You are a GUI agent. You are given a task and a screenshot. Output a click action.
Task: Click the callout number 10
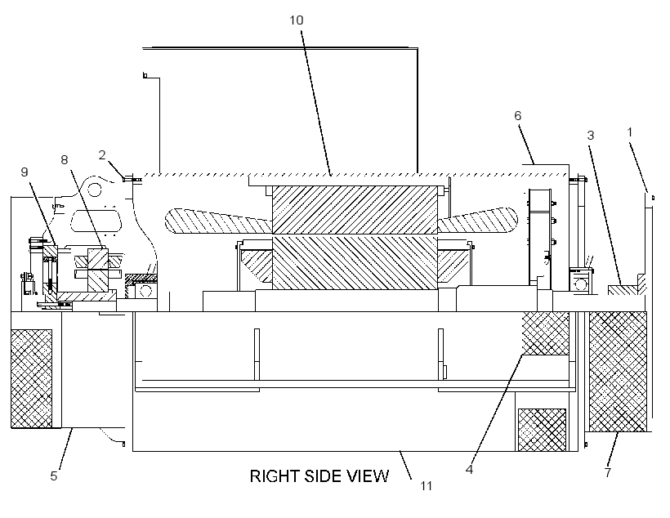(x=296, y=20)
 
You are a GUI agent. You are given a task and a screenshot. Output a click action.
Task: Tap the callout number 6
(x=518, y=115)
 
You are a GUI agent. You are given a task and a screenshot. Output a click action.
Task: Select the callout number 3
(x=591, y=136)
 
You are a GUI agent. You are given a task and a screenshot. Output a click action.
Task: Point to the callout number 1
(x=629, y=132)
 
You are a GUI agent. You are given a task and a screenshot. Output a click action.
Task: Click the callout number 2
(x=101, y=154)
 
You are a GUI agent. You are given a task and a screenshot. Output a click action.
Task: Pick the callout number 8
(x=64, y=160)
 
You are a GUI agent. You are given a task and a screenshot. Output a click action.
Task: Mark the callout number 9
(x=25, y=172)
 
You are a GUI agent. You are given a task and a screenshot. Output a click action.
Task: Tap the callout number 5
(x=53, y=476)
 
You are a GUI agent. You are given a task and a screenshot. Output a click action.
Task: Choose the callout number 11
(x=426, y=486)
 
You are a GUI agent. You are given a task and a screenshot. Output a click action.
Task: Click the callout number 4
(x=469, y=469)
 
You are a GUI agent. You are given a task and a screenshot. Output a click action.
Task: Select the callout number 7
(x=608, y=472)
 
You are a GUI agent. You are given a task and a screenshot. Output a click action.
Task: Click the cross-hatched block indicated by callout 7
(x=618, y=372)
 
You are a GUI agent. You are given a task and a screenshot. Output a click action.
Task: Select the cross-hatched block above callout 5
(x=31, y=378)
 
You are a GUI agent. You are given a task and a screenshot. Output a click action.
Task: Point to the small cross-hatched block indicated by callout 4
(x=546, y=333)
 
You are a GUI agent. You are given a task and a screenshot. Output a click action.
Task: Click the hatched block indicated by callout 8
(x=98, y=270)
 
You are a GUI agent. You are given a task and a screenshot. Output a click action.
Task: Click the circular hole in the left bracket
(x=95, y=189)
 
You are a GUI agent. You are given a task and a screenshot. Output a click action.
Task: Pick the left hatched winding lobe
(x=219, y=221)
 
